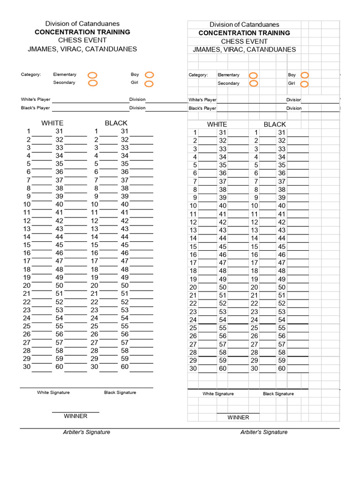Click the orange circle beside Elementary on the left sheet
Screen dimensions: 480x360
[92, 75]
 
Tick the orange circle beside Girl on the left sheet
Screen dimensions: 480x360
[149, 84]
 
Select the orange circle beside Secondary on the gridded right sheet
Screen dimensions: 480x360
[254, 83]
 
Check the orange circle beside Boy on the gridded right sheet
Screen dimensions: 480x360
[305, 75]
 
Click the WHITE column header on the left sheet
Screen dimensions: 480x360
[52, 123]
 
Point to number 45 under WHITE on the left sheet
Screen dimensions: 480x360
[60, 245]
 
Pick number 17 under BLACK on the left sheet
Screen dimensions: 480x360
[95, 261]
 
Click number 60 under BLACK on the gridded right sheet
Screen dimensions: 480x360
[282, 368]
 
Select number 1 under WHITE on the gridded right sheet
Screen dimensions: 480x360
[195, 133]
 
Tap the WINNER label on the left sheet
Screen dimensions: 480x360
[75, 416]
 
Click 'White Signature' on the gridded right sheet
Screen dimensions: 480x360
[218, 394]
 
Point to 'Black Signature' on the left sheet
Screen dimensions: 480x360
[120, 392]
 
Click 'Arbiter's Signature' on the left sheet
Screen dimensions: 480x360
[87, 432]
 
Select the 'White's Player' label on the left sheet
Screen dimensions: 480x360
[35, 99]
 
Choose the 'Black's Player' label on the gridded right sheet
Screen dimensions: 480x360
[202, 108]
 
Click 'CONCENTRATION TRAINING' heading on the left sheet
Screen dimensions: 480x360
[82, 32]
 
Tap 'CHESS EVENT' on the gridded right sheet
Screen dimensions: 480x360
[244, 41]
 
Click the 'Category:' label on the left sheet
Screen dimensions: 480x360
[31, 75]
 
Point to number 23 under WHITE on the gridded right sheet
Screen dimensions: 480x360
[193, 312]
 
